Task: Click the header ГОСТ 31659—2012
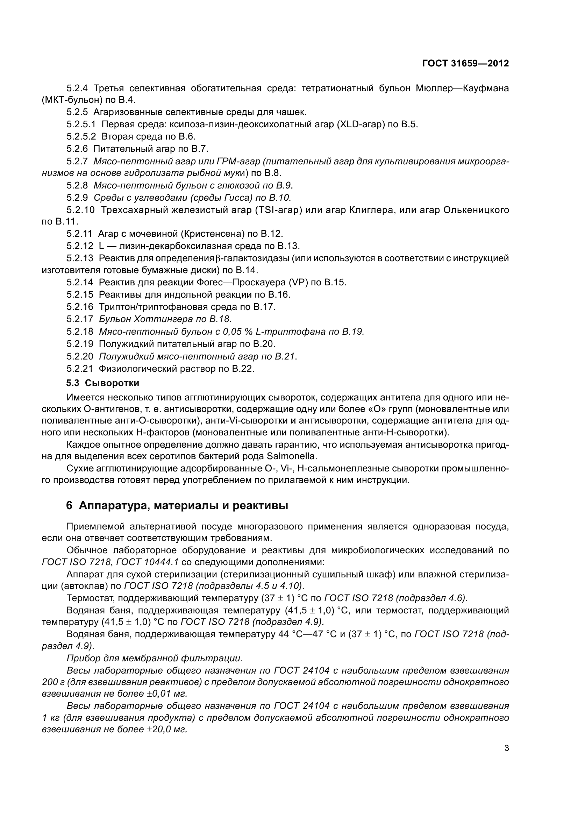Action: pos(465,63)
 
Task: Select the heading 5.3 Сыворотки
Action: pos(102,383)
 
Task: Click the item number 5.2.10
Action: pos(80,210)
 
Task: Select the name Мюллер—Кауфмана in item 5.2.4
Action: pos(462,88)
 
